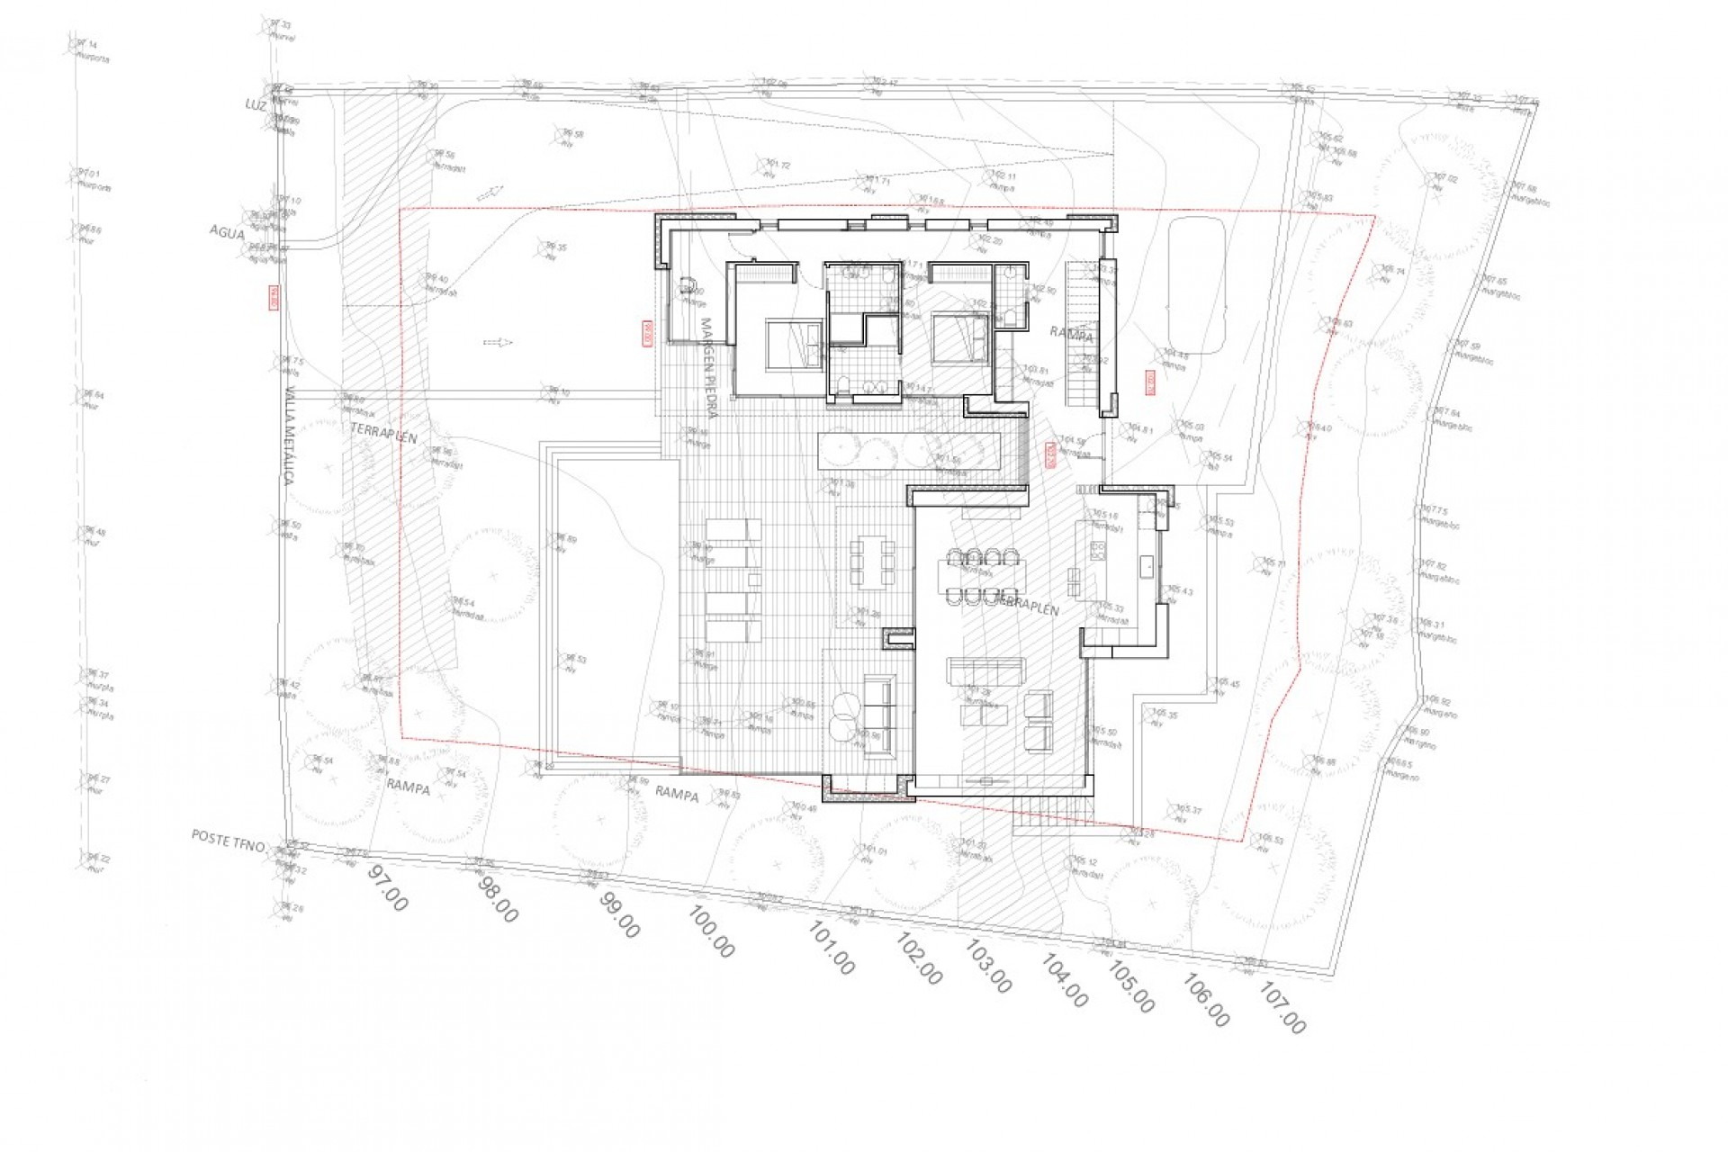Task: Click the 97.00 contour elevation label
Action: coord(388,886)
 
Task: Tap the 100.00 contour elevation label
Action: coord(711,931)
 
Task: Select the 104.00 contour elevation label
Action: coord(1065,980)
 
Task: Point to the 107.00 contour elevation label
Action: coord(1282,1009)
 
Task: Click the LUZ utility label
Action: coord(256,104)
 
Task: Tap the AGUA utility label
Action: coord(227,232)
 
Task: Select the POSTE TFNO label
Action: coord(228,841)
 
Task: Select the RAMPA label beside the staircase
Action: coord(1071,335)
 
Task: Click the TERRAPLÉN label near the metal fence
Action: coord(384,434)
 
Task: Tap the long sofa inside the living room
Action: coord(985,670)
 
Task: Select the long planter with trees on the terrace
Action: coord(909,450)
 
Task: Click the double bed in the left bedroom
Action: coord(793,344)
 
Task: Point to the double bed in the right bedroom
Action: coord(960,338)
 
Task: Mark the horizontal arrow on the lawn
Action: coord(498,342)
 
